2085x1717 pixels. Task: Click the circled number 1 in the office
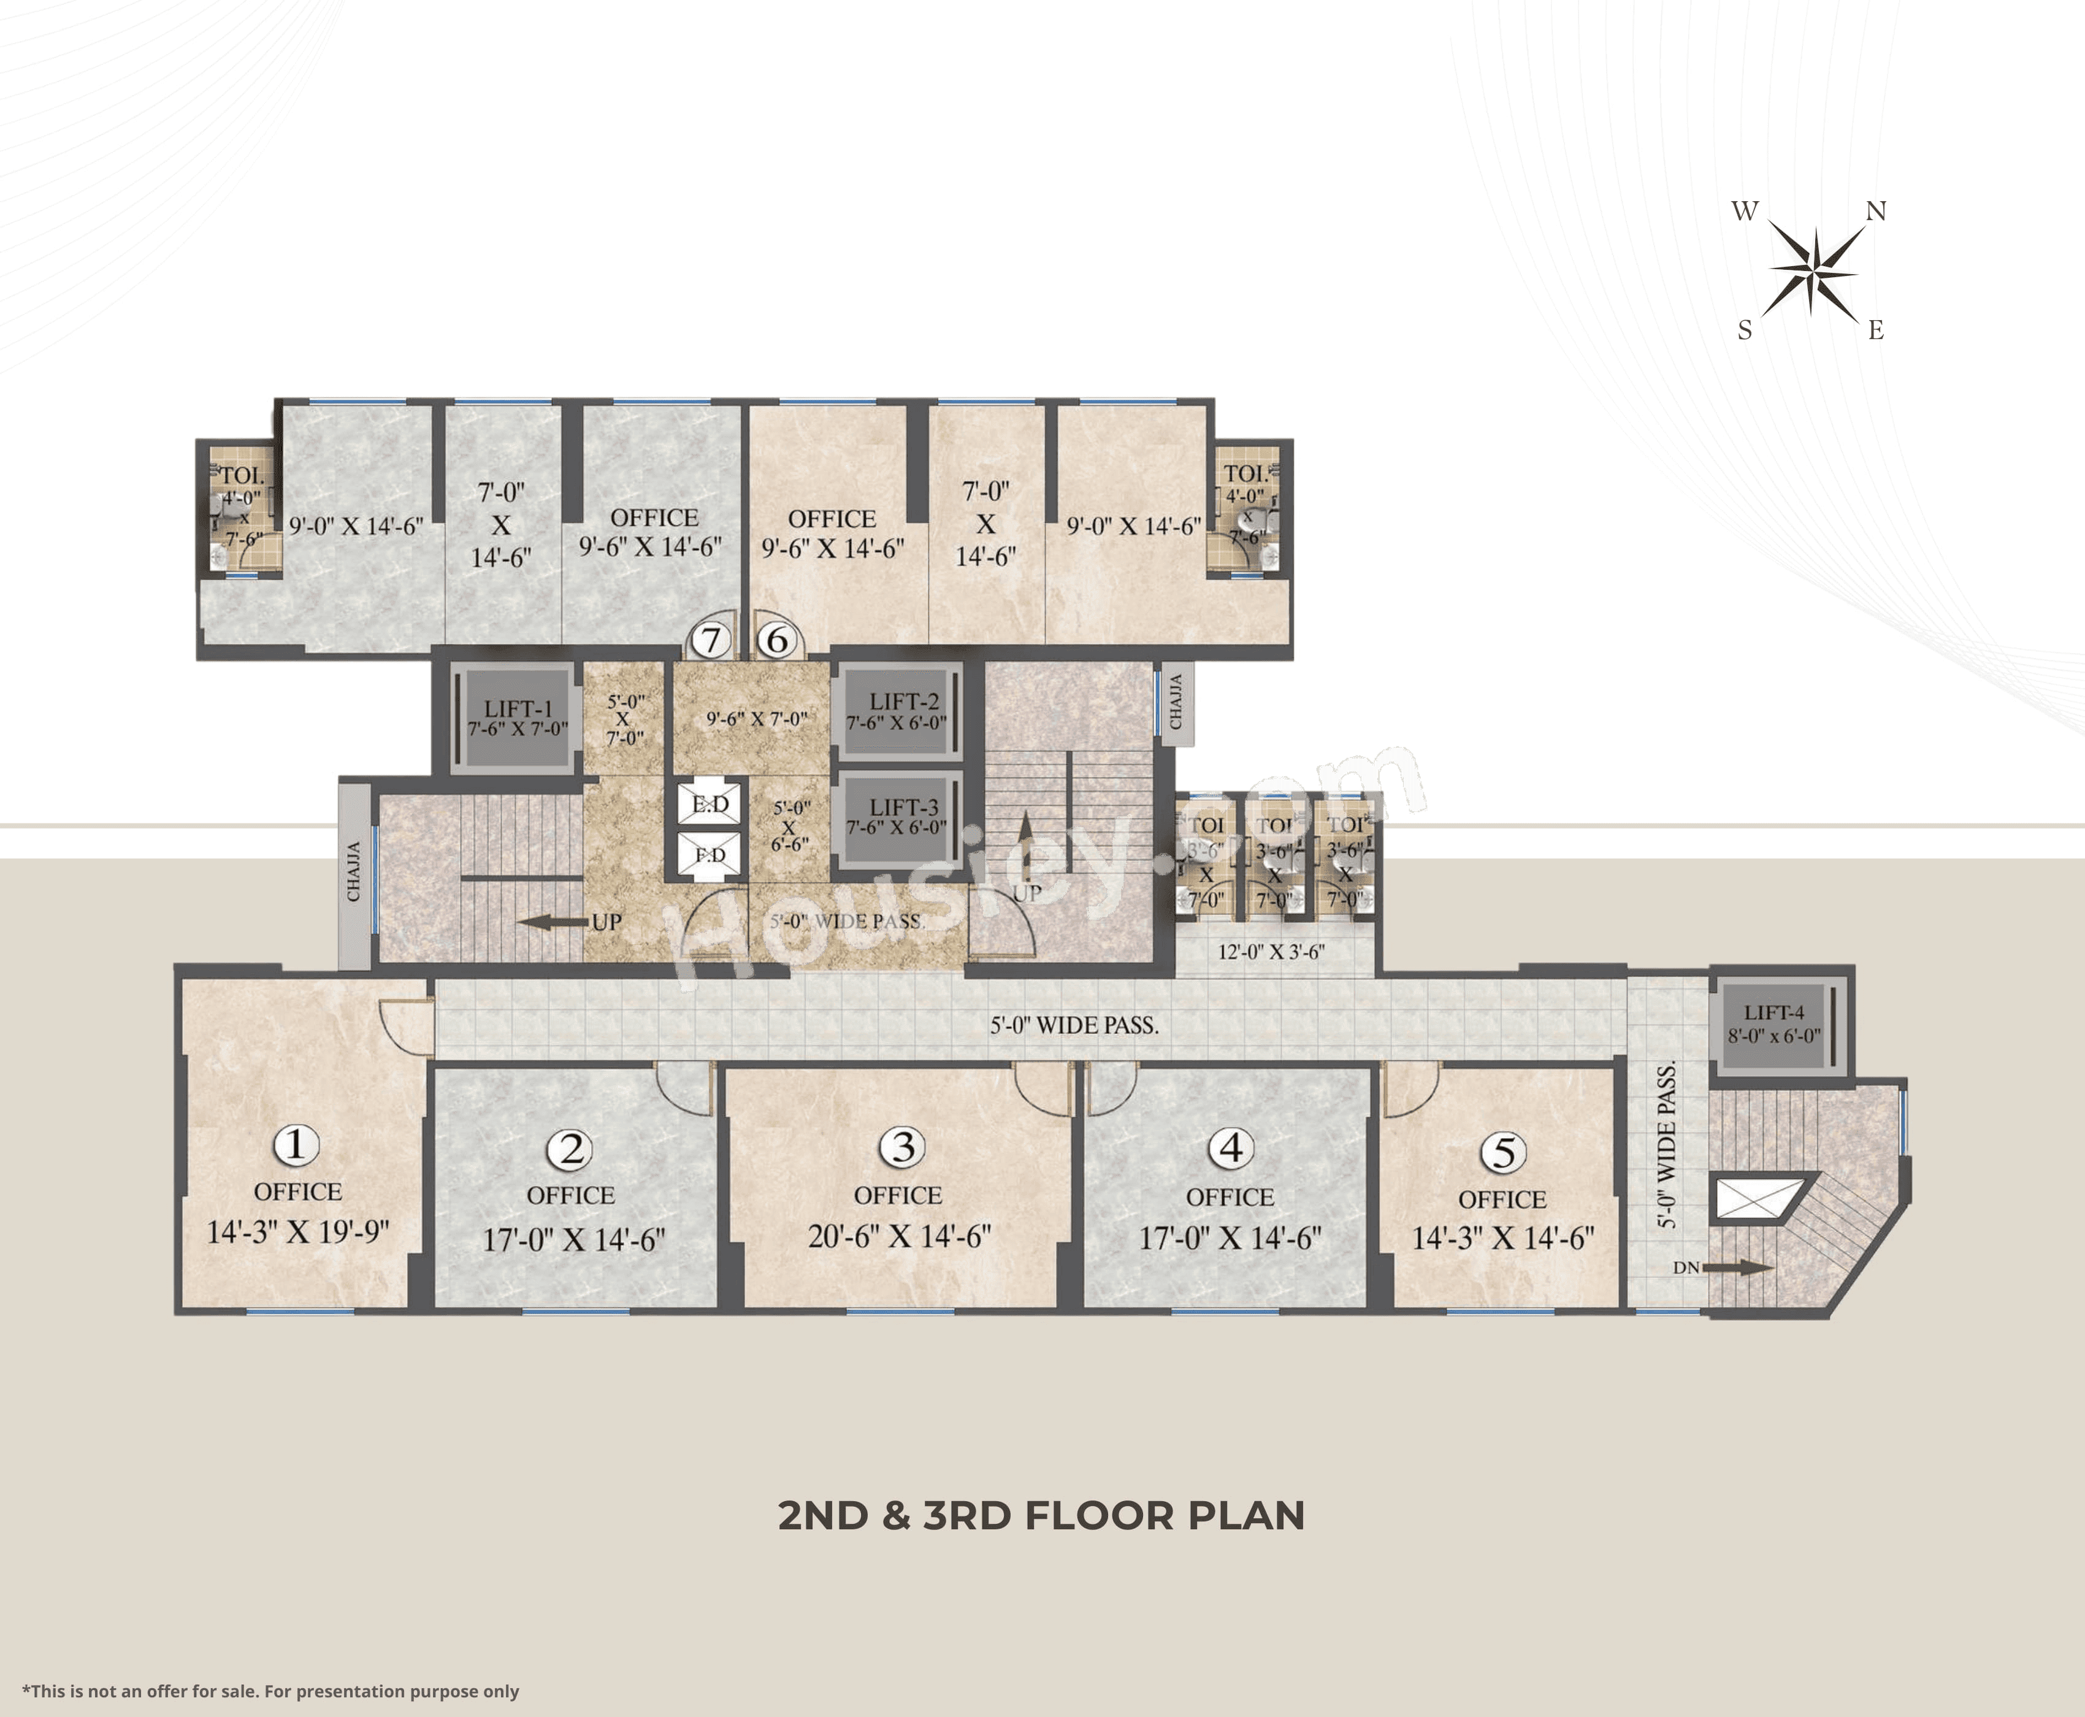coord(295,1145)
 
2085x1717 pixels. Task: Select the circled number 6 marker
coord(778,640)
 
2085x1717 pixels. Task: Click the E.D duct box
coord(709,804)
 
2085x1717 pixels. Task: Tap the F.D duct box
coord(709,855)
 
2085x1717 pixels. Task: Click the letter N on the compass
coord(1875,211)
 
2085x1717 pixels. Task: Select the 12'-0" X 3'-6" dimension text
coord(1271,952)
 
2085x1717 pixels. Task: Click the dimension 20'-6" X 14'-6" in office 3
coord(898,1236)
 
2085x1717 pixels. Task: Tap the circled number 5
coord(1502,1152)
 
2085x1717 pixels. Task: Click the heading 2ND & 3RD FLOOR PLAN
coord(1041,1515)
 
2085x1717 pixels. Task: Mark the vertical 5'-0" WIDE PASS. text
coord(1667,1145)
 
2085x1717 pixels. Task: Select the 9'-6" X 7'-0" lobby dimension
coord(757,719)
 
